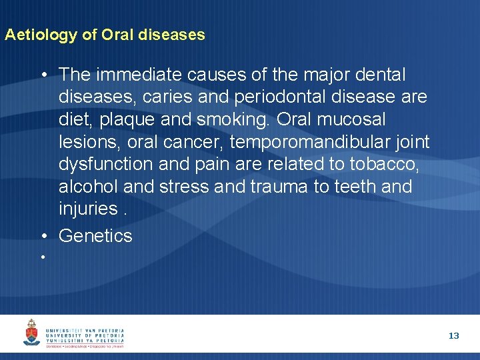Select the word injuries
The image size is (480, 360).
click(88, 209)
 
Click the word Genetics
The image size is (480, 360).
click(95, 235)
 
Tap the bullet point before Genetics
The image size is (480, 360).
click(43, 236)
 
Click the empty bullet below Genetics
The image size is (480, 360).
click(42, 257)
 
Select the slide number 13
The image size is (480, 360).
click(453, 336)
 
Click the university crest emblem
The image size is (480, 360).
click(31, 333)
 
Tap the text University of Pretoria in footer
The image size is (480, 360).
click(85, 335)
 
